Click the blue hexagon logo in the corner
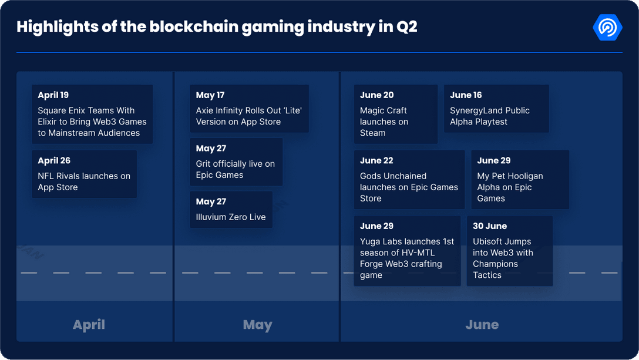point(607,27)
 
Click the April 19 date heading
point(53,95)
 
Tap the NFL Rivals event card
point(84,174)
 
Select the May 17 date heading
point(210,95)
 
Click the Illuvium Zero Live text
point(231,217)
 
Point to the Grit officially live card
point(236,162)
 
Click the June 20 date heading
point(377,95)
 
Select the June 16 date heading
point(466,95)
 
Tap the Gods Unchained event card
point(409,180)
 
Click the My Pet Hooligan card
point(520,180)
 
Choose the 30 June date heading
point(490,226)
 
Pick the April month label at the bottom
point(89,325)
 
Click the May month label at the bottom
point(257,325)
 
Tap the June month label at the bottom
point(482,325)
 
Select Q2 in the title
point(406,27)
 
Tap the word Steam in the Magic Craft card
point(373,133)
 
